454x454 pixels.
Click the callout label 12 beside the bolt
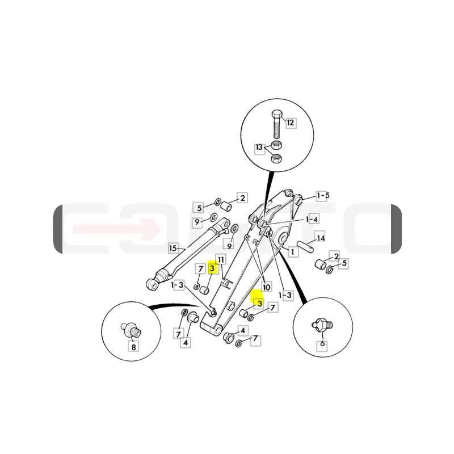(x=291, y=123)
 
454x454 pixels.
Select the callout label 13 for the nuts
(x=259, y=148)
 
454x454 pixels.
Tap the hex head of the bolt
(x=277, y=113)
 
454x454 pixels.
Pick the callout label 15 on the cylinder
(x=173, y=249)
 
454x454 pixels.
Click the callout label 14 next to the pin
(x=321, y=238)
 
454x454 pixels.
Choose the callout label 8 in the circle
(x=133, y=347)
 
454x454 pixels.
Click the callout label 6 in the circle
(x=322, y=344)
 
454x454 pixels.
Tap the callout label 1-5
(x=323, y=196)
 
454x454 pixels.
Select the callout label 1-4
(x=312, y=220)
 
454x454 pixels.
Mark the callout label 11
(x=221, y=260)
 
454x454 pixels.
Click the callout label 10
(x=266, y=287)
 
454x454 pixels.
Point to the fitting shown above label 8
(x=132, y=331)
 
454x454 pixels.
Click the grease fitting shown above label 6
(x=322, y=325)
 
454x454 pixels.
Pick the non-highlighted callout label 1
(x=293, y=252)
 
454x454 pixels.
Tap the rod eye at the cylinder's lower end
(x=152, y=285)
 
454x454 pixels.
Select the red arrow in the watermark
(x=117, y=229)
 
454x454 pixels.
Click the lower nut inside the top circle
(x=276, y=158)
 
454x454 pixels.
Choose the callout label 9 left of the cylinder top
(x=197, y=222)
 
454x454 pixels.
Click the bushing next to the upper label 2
(x=226, y=206)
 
